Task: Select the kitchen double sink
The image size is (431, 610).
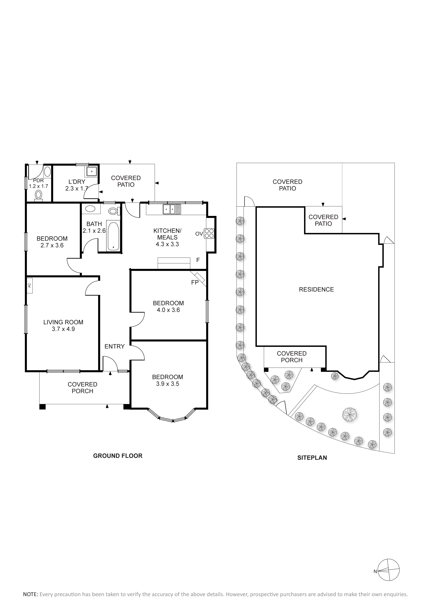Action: point(172,209)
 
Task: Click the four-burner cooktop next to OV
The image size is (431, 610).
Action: point(209,233)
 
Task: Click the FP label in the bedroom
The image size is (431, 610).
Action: point(195,282)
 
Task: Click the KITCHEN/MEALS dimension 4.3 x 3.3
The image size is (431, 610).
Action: point(167,244)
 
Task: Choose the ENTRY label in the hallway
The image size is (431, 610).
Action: point(114,346)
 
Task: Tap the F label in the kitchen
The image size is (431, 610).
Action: point(198,260)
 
